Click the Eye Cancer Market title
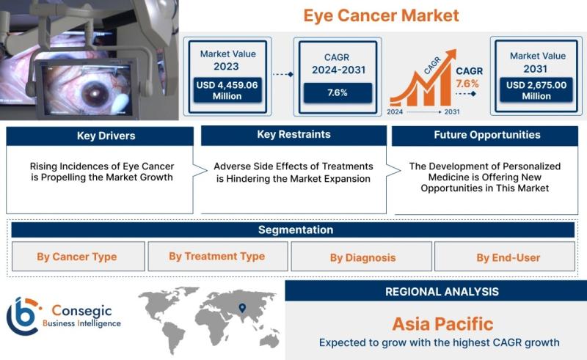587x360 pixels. (381, 15)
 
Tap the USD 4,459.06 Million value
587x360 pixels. (227, 91)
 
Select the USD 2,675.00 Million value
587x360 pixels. (536, 91)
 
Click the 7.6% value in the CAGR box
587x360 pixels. (338, 92)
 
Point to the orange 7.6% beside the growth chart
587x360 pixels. (467, 84)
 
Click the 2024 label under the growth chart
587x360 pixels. (395, 112)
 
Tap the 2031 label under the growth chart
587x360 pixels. (452, 112)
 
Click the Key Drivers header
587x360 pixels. (106, 136)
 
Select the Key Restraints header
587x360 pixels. (294, 135)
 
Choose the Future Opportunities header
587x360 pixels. (487, 135)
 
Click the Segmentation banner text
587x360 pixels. (296, 229)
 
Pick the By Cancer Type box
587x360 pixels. (79, 257)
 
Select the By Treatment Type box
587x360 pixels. (218, 257)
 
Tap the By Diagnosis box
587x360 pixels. (362, 257)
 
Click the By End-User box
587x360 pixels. (505, 257)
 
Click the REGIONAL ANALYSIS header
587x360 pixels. (442, 292)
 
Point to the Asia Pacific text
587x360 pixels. (443, 323)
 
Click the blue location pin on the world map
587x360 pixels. (242, 308)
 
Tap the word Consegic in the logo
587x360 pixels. (81, 311)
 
